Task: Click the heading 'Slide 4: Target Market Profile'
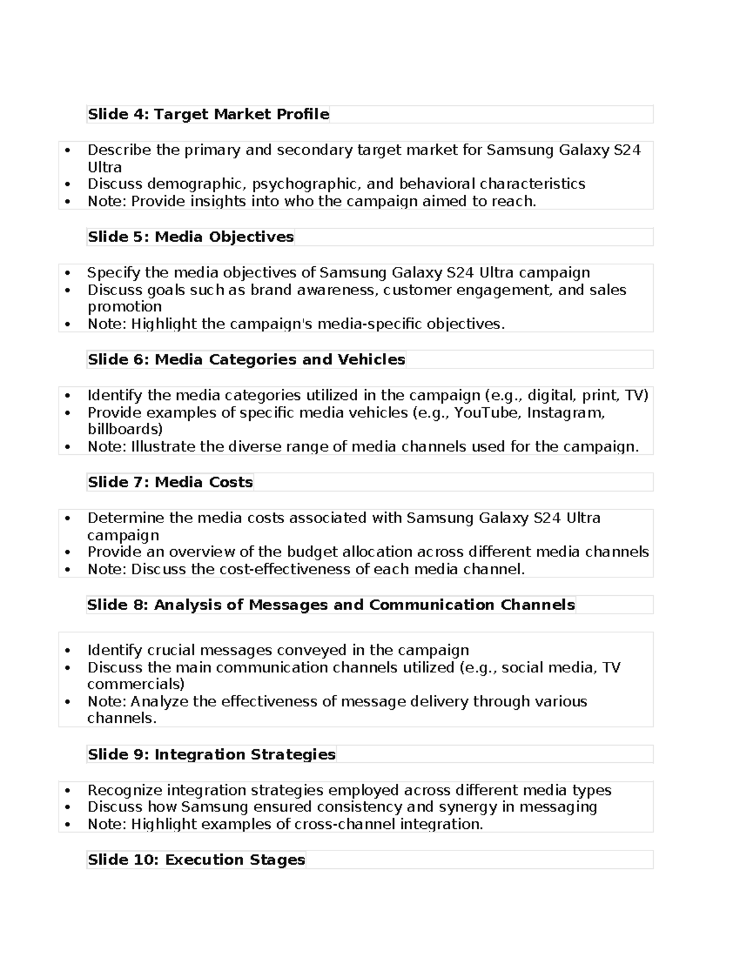point(208,115)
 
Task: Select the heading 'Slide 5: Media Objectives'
point(191,237)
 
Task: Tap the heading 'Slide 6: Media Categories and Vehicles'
point(246,360)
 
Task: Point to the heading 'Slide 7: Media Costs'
point(170,483)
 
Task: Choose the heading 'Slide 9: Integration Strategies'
point(212,755)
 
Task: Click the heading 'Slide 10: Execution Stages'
point(196,860)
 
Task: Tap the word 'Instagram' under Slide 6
point(564,413)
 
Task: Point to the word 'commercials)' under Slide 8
point(135,685)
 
